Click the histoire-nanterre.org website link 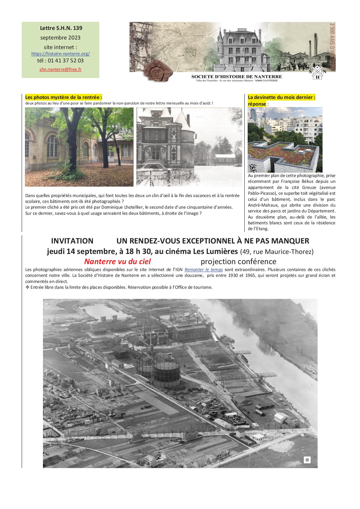pos(60,54)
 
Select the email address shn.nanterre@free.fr pos(60,70)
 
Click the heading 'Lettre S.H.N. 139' pos(61,28)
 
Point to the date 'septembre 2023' pos(60,38)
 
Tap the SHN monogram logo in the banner pos(318,72)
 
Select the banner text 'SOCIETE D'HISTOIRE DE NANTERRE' pos(237,76)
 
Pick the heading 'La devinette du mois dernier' pos(281,97)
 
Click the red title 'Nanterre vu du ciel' pos(117,261)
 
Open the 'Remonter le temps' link pos(204,269)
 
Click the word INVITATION pos(72,241)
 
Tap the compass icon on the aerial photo pos(307,460)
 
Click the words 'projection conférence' pos(238,261)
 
